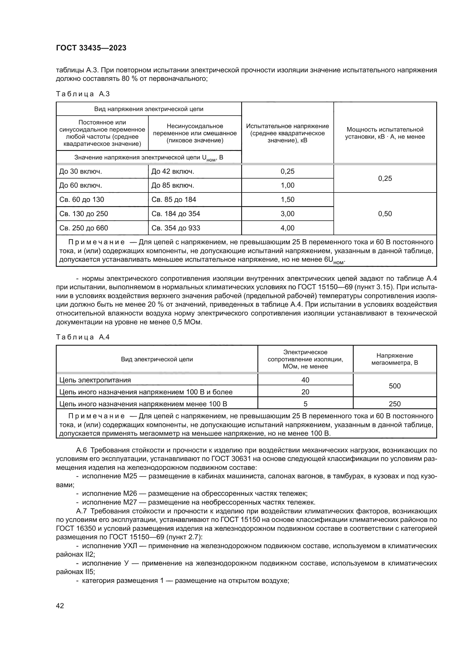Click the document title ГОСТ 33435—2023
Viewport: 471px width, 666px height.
(x=91, y=48)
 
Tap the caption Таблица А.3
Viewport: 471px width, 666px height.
(x=83, y=94)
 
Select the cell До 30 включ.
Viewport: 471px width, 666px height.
(x=81, y=171)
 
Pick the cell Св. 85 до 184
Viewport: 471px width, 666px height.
(x=174, y=200)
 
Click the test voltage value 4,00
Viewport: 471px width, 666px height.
(x=287, y=228)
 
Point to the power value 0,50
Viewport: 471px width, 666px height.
(x=385, y=214)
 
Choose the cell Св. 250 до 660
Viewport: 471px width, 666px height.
(x=83, y=228)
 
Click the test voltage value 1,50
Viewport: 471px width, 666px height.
(x=287, y=200)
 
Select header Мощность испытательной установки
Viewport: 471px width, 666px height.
(x=385, y=133)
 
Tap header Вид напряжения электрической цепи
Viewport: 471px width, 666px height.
(x=148, y=109)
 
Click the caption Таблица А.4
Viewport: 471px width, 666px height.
(x=83, y=337)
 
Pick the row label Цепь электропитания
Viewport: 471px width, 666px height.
(x=95, y=380)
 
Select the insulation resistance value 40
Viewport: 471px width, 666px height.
(x=305, y=380)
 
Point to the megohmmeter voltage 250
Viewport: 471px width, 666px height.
(x=394, y=404)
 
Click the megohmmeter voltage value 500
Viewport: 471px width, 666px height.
(x=394, y=386)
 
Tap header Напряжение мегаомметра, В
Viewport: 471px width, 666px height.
(x=394, y=359)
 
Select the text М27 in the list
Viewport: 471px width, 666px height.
(x=130, y=502)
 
